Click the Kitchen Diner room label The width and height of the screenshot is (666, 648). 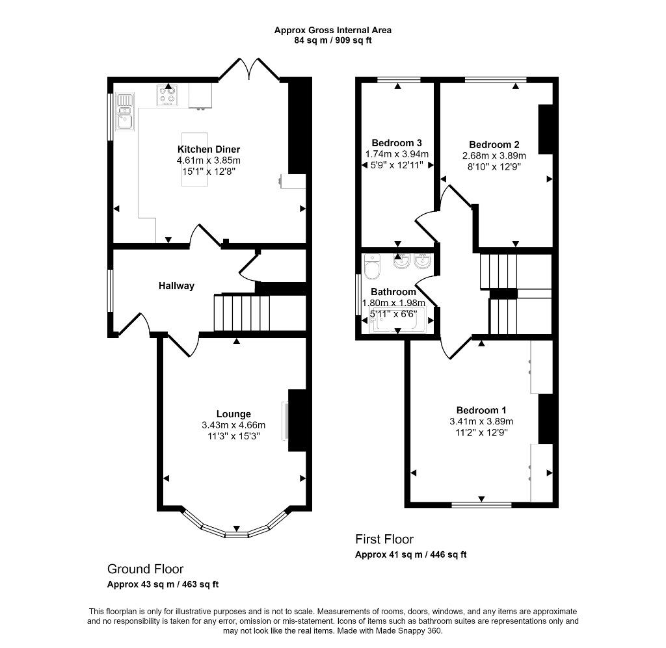tap(209, 149)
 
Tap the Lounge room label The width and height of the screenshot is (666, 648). tap(233, 414)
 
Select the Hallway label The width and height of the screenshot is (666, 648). tap(176, 286)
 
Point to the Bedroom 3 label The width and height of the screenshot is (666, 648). tap(397, 143)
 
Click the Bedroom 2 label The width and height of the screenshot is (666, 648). tap(494, 145)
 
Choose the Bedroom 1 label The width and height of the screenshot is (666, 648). tap(481, 410)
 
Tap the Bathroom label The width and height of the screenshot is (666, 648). tap(393, 292)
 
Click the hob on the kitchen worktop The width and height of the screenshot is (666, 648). tap(168, 96)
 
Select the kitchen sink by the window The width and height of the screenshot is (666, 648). tap(126, 112)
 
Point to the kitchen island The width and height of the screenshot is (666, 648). tap(194, 159)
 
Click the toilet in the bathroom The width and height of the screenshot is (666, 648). tap(373, 266)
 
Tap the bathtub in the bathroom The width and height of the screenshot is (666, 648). tap(397, 321)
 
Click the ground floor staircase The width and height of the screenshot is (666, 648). tap(242, 313)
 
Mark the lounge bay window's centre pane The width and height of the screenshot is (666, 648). tap(236, 535)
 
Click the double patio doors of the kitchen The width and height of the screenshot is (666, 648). tap(249, 69)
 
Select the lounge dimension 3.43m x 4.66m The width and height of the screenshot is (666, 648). tap(233, 425)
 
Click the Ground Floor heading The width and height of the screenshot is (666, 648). tap(145, 569)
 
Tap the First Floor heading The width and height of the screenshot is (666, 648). tap(384, 539)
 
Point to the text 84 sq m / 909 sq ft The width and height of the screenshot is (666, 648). tap(333, 41)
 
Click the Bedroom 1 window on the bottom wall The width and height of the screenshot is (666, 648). tap(482, 505)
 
